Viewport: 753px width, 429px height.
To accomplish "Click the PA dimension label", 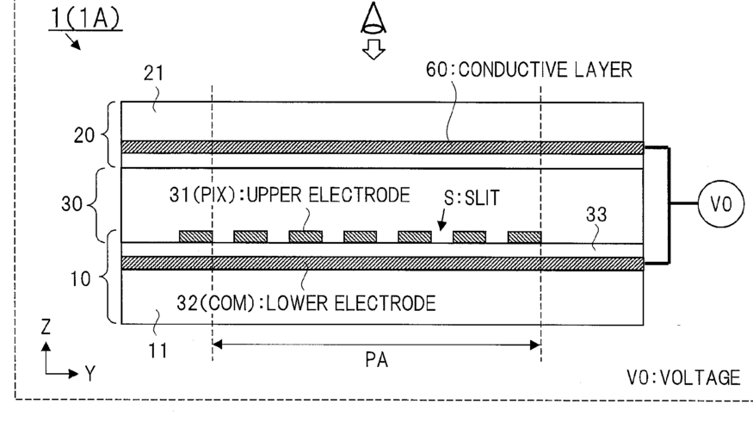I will tap(376, 361).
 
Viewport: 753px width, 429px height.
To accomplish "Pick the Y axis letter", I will tap(89, 374).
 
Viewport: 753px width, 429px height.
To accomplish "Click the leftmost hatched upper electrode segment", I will tap(195, 236).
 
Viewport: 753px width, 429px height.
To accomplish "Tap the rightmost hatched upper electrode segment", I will tap(523, 236).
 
